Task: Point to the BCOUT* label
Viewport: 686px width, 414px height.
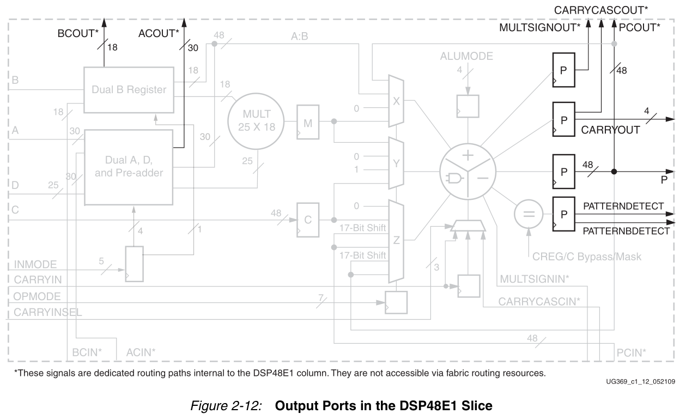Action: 78,33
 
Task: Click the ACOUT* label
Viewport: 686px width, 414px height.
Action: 159,33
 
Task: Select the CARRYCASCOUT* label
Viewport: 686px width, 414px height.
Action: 601,10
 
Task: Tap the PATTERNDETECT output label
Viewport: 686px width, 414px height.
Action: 623,206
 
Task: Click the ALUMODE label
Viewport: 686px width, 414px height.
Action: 466,56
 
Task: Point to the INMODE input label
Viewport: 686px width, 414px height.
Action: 35,265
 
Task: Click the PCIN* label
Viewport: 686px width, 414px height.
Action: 631,353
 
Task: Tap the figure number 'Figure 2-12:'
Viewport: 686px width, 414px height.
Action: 226,406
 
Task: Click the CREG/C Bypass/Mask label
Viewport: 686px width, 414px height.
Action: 587,257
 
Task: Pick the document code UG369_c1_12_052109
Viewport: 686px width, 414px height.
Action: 641,381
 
